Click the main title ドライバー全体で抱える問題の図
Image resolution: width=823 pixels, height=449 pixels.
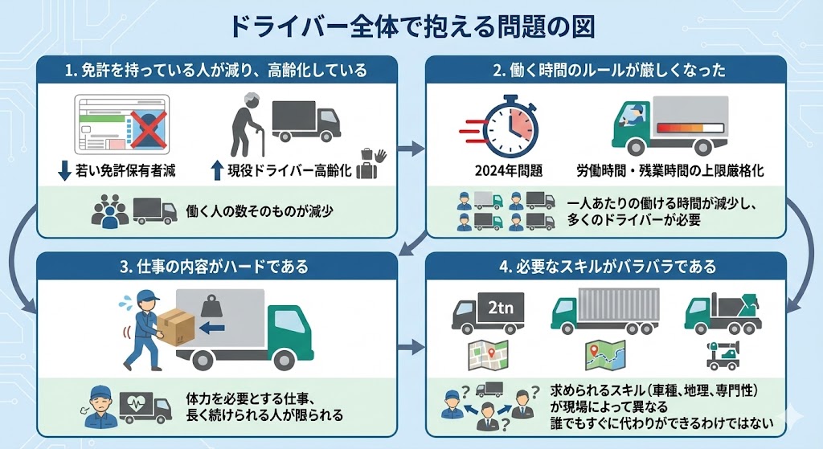click(x=411, y=26)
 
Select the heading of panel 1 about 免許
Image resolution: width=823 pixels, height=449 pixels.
click(x=216, y=71)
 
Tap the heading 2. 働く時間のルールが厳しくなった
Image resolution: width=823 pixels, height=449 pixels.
click(x=608, y=71)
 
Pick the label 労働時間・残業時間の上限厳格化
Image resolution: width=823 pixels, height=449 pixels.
click(x=669, y=171)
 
